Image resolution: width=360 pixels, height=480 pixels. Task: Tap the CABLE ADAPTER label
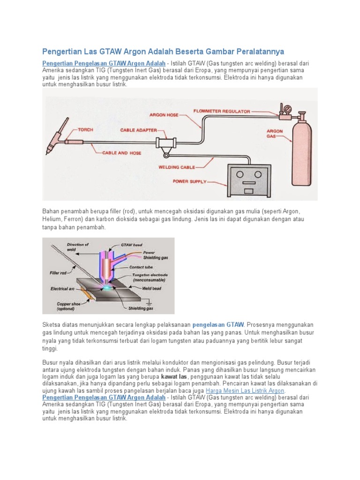(138, 130)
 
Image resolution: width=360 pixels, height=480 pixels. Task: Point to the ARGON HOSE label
(164, 114)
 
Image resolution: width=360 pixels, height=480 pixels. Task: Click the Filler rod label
(58, 272)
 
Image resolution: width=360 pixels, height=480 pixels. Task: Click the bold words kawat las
(174, 376)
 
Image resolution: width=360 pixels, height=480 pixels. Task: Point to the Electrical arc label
(62, 289)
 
